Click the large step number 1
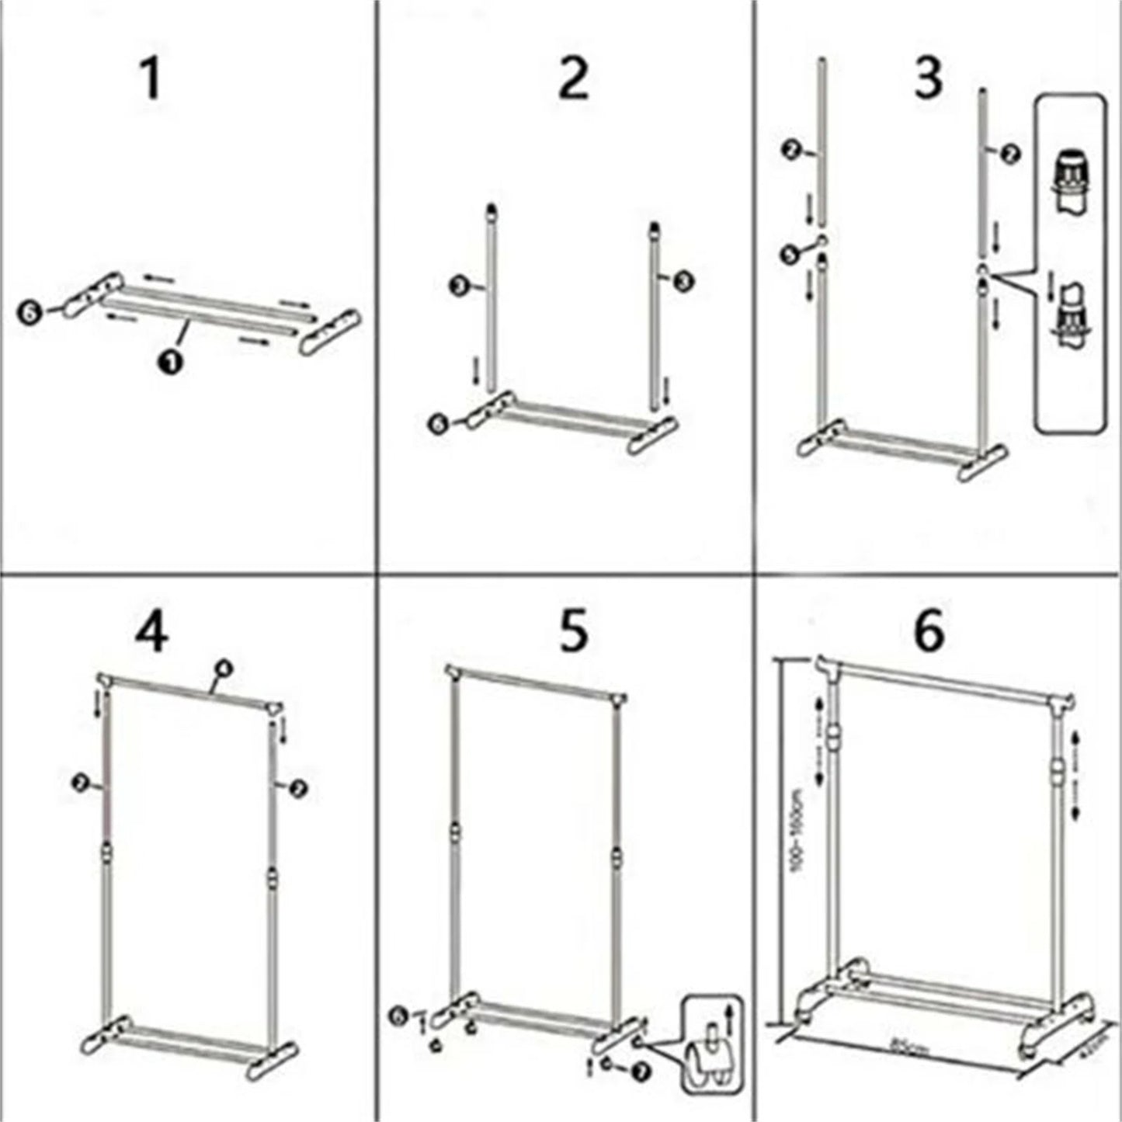point(151,80)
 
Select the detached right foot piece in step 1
point(330,333)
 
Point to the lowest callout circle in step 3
point(788,253)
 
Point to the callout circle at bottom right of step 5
point(641,1072)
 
